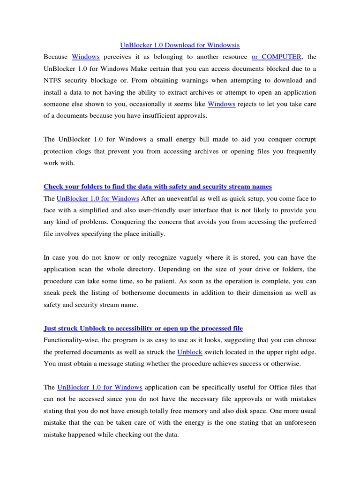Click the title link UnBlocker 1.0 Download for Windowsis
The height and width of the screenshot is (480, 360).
pyautogui.click(x=180, y=45)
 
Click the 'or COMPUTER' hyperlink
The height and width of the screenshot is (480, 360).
pyautogui.click(x=276, y=57)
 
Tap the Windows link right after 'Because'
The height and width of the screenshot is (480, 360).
pyautogui.click(x=85, y=57)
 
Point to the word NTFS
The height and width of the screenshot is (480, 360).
pyautogui.click(x=53, y=80)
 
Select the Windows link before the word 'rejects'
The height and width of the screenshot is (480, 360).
pyautogui.click(x=221, y=104)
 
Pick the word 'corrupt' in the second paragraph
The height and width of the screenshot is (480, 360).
pyautogui.click(x=305, y=139)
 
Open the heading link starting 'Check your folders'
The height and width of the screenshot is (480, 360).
pyautogui.click(x=157, y=187)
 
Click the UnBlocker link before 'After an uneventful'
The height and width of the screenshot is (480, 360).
pyautogui.click(x=98, y=198)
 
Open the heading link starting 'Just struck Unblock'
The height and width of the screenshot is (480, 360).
pyautogui.click(x=143, y=328)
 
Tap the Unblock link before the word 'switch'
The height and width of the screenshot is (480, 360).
pyautogui.click(x=189, y=352)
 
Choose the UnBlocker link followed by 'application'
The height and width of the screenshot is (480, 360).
pyautogui.click(x=99, y=387)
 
